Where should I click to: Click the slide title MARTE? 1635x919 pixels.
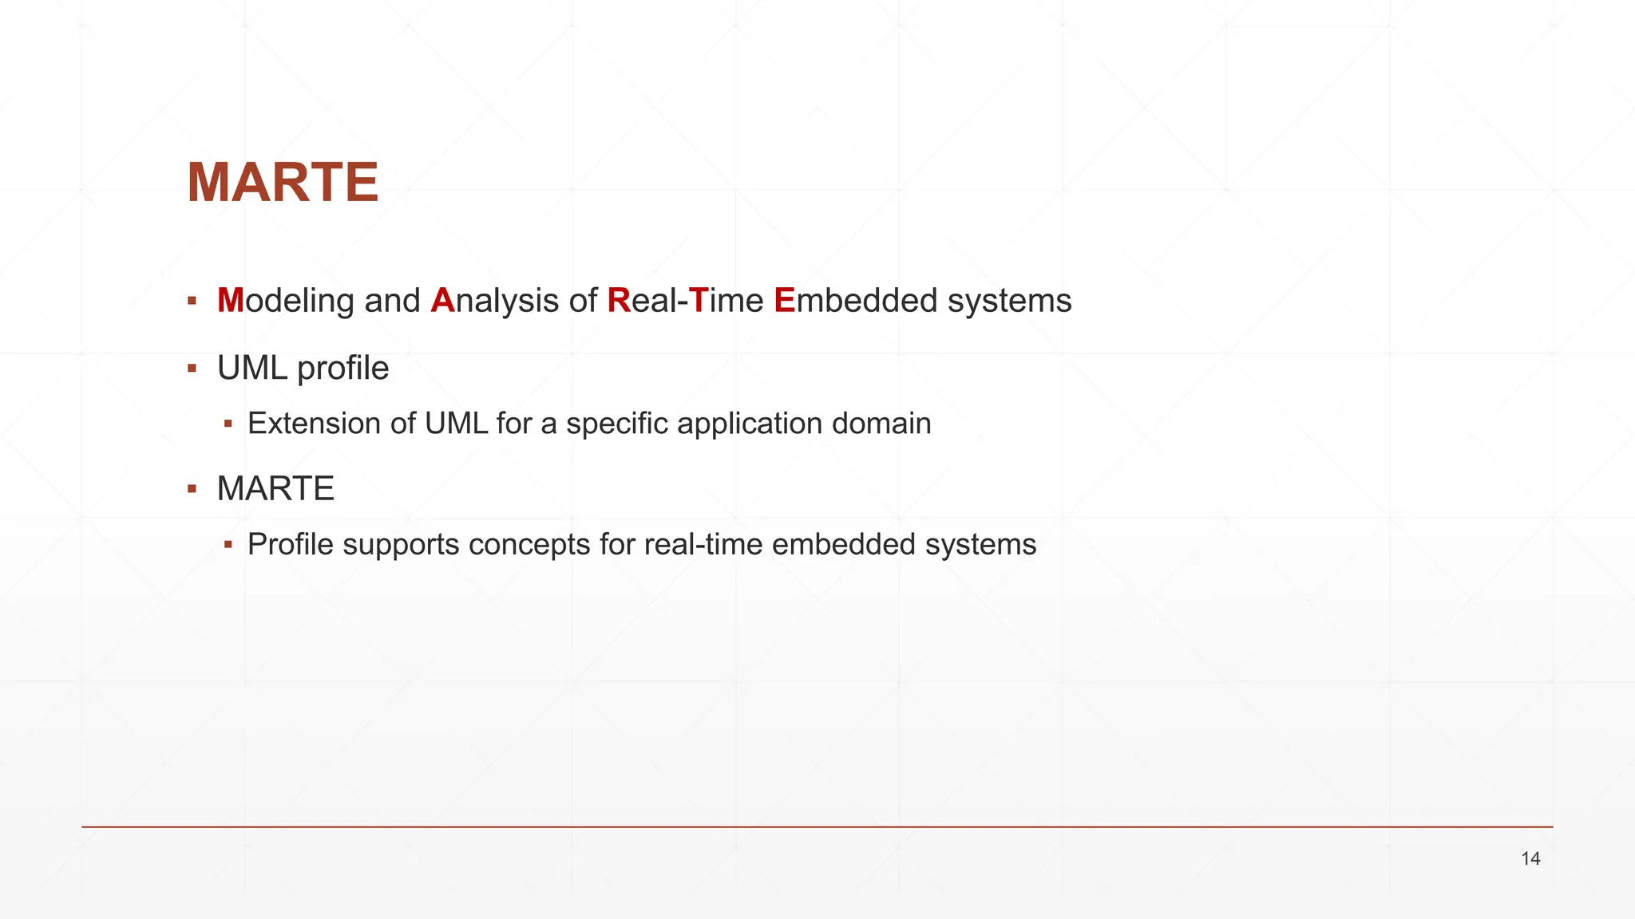[283, 183]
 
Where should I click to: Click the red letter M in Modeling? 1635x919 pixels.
[230, 301]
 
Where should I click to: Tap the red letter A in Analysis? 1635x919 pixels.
[442, 301]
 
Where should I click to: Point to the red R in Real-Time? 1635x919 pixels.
[619, 301]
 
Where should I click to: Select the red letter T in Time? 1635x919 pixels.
[699, 301]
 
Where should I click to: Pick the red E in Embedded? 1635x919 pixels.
[785, 301]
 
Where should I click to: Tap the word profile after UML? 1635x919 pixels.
[342, 369]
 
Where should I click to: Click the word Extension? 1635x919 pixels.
[315, 424]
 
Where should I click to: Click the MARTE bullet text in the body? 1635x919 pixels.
[275, 489]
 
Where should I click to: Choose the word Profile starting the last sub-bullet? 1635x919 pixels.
[290, 545]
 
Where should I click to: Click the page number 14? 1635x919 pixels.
[1530, 859]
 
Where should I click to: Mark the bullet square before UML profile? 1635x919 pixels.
[192, 369]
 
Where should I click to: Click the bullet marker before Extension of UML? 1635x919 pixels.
[228, 424]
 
